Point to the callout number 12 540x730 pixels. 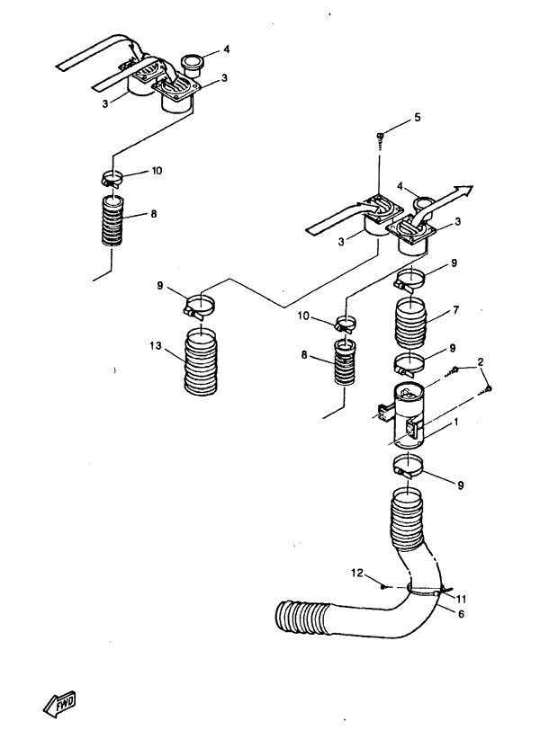pos(356,572)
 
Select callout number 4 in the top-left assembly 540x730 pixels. pos(228,49)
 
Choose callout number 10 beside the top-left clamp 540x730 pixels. pos(157,170)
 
